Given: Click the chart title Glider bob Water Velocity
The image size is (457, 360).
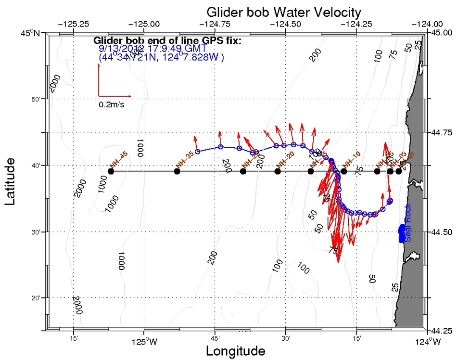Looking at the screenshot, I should [x=284, y=12].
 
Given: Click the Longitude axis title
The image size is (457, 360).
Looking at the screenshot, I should [x=235, y=351].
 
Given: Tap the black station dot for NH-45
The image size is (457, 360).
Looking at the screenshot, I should [x=111, y=171].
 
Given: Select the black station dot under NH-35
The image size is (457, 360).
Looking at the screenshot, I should [x=177, y=171].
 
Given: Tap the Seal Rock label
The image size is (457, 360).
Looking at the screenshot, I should [x=408, y=229].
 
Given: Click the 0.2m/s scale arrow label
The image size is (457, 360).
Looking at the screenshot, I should [x=112, y=104].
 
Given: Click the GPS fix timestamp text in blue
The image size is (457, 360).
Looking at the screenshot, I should [x=152, y=49].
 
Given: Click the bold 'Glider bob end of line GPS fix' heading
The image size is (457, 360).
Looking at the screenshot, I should [x=166, y=40].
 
